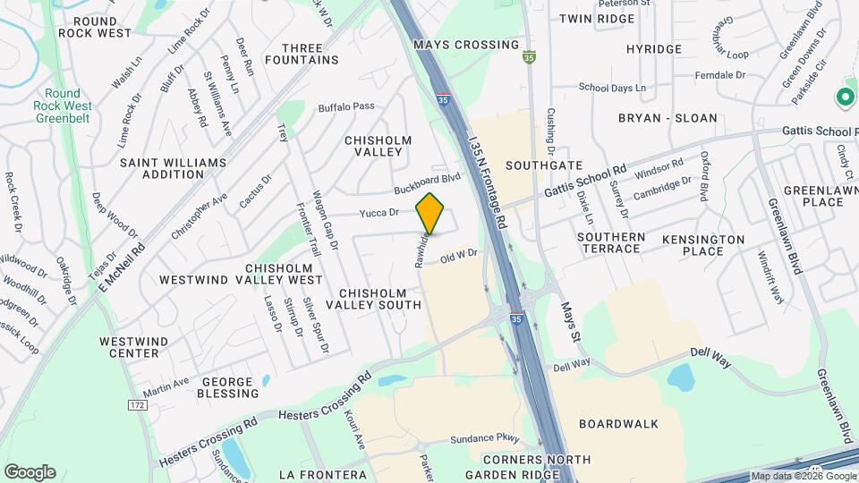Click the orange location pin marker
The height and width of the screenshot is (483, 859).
coord(430,214)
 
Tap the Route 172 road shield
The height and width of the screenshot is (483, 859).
coord(137,405)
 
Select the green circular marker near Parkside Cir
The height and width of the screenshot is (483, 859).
coord(844,96)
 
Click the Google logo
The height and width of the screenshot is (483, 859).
coord(30,471)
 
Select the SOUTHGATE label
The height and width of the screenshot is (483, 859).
coord(544,165)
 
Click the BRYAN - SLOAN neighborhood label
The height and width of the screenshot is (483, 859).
coord(668,117)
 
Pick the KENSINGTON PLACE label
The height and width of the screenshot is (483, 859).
coord(703,245)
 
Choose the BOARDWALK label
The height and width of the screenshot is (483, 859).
coord(618,423)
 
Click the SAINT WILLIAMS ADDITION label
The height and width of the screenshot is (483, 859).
coord(161,167)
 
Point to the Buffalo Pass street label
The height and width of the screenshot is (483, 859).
coord(346,107)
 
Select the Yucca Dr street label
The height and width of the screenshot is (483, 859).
coord(378,213)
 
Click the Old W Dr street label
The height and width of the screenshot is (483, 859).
coord(460,257)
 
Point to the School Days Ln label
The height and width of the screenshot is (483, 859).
coord(612,88)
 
